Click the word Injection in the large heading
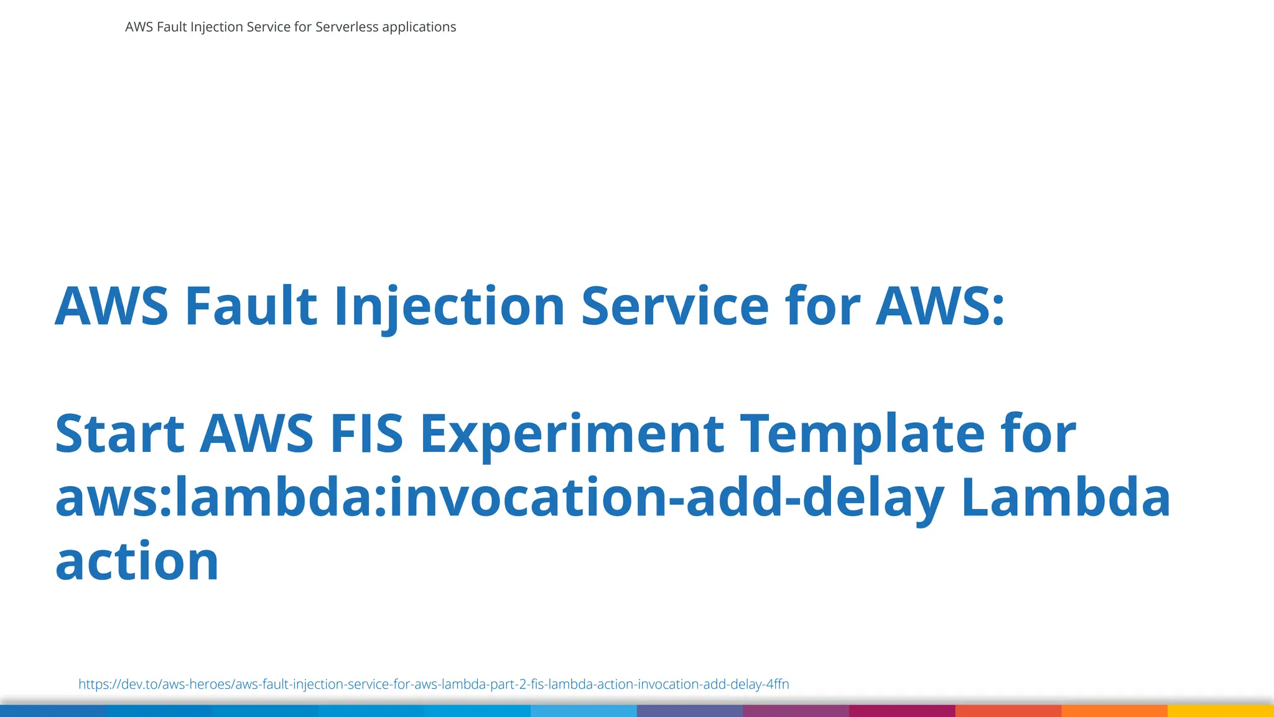(x=449, y=306)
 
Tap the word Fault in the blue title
(x=251, y=306)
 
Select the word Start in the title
(x=119, y=434)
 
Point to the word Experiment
(x=572, y=434)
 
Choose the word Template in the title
(x=863, y=434)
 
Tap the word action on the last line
(x=137, y=561)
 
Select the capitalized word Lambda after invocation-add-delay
(x=1066, y=498)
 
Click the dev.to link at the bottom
(x=434, y=684)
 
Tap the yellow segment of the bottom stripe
(x=1221, y=711)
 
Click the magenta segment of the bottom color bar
(x=902, y=711)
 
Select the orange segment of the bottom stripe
(x=1114, y=711)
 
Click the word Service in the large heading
(x=675, y=306)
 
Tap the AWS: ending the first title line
(x=940, y=306)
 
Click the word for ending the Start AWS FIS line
(x=1038, y=434)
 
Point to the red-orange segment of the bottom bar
(x=1008, y=711)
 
